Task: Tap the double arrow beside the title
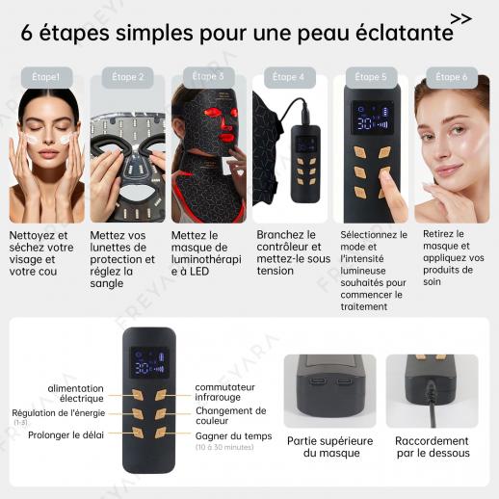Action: pyautogui.click(x=461, y=19)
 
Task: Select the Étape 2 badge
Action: pyautogui.click(x=127, y=77)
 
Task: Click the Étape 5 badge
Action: pyautogui.click(x=371, y=77)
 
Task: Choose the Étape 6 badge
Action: pyautogui.click(x=452, y=77)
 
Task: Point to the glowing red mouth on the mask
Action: pyautogui.click(x=227, y=139)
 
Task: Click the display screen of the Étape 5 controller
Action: pyautogui.click(x=373, y=118)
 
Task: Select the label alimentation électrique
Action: pyautogui.click(x=75, y=393)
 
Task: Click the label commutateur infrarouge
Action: pyautogui.click(x=224, y=392)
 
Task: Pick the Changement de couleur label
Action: pyautogui.click(x=231, y=415)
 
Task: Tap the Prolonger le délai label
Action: pyautogui.click(x=66, y=435)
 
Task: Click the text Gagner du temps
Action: pyautogui.click(x=233, y=436)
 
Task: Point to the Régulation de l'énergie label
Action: pyautogui.click(x=59, y=413)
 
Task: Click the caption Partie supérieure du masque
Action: pyautogui.click(x=330, y=447)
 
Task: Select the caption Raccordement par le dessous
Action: pyautogui.click(x=433, y=447)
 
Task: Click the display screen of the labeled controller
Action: pyautogui.click(x=149, y=363)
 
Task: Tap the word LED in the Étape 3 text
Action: pyautogui.click(x=199, y=272)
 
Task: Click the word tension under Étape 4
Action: pyautogui.click(x=276, y=271)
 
